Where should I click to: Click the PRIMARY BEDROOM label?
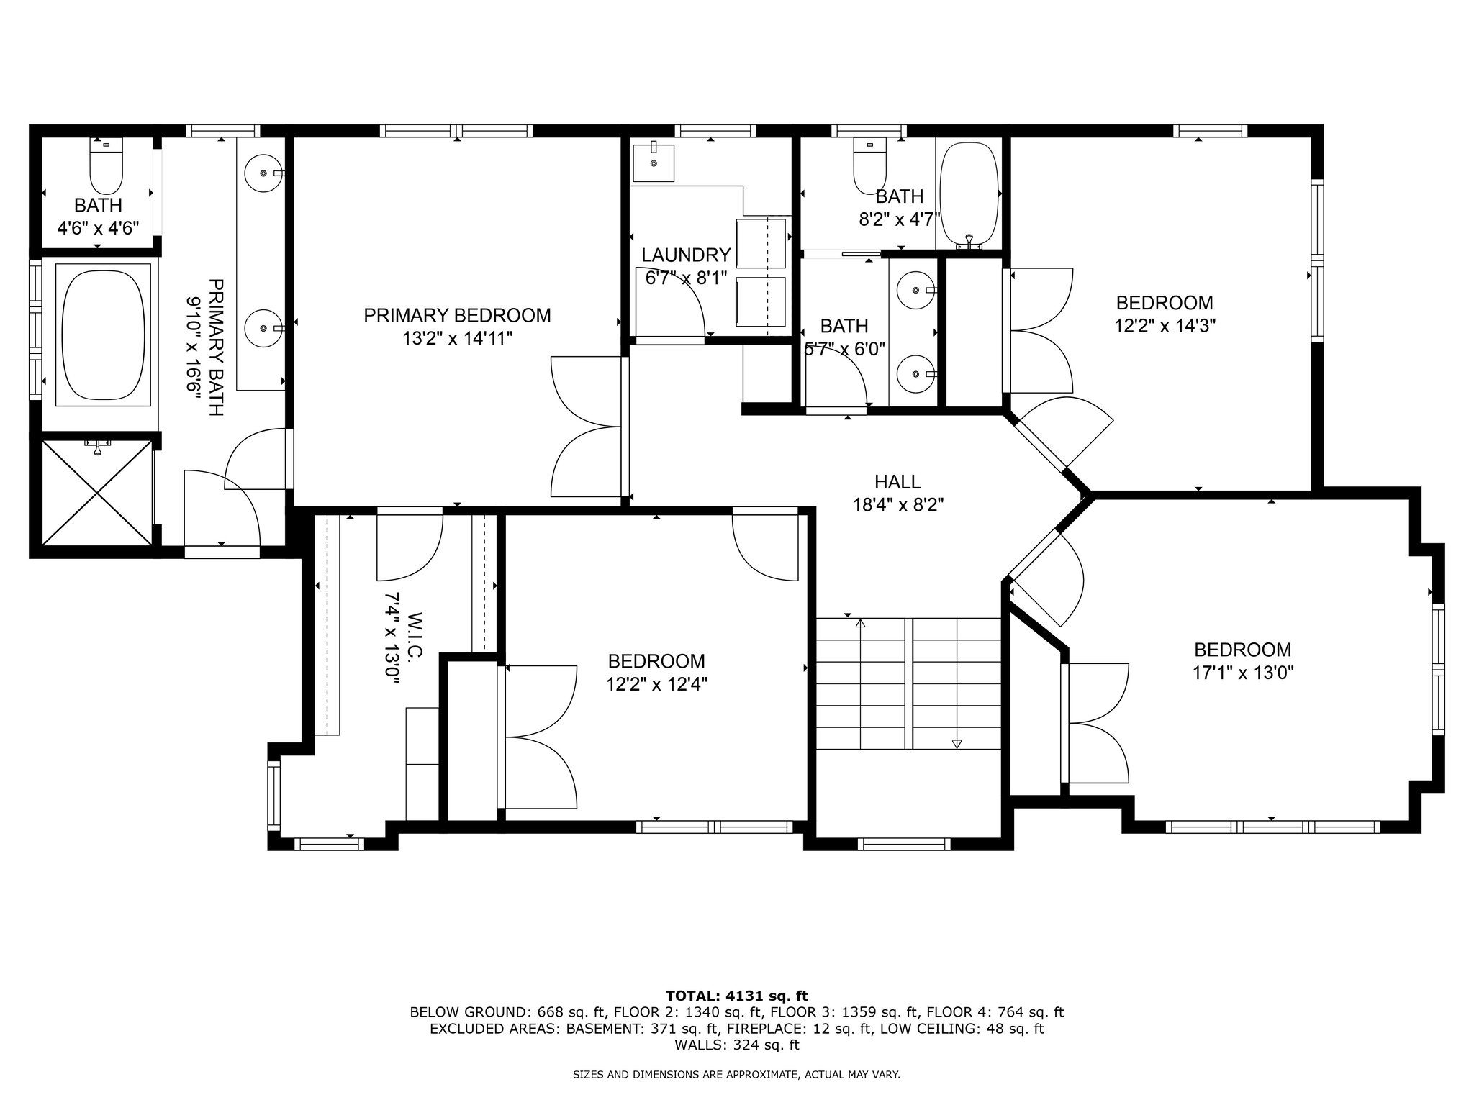pyautogui.click(x=457, y=315)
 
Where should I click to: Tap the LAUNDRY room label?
pyautogui.click(x=686, y=255)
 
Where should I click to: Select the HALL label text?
pyautogui.click(x=897, y=481)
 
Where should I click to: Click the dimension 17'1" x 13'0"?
pyautogui.click(x=1243, y=673)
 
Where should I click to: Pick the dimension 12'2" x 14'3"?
pyautogui.click(x=1165, y=325)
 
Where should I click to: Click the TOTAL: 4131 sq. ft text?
pyautogui.click(x=737, y=996)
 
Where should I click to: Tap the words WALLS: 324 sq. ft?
pyautogui.click(x=737, y=1045)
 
